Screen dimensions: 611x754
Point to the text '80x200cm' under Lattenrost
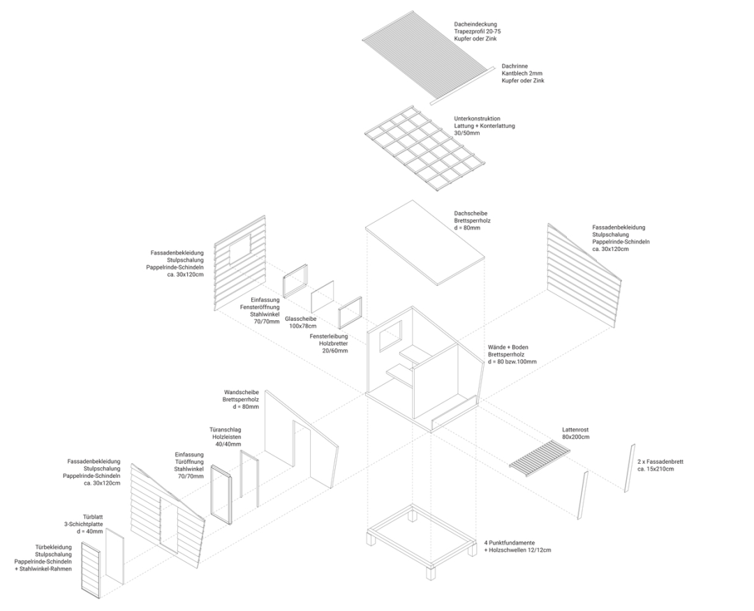click(x=576, y=437)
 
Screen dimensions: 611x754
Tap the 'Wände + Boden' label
click(x=511, y=347)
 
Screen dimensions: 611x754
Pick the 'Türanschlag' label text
click(x=225, y=430)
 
